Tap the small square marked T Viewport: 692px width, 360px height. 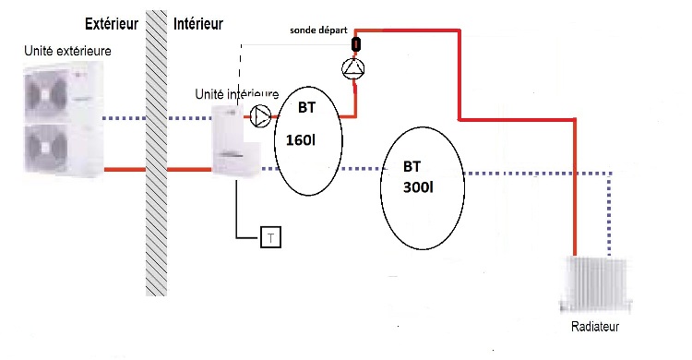click(270, 237)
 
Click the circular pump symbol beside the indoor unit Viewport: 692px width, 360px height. click(260, 116)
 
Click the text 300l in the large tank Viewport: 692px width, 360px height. click(420, 186)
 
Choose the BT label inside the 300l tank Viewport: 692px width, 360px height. click(413, 167)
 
